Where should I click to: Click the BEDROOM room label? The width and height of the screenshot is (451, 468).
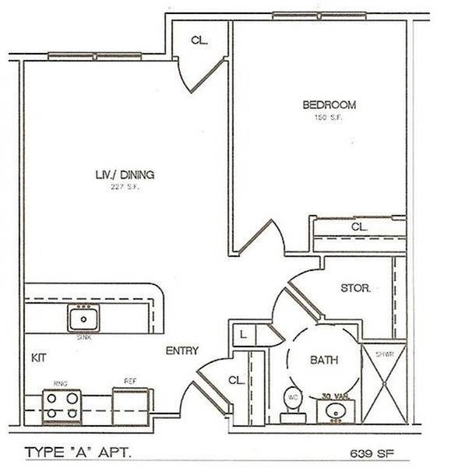pyautogui.click(x=329, y=105)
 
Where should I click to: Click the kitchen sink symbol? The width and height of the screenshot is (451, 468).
pyautogui.click(x=82, y=318)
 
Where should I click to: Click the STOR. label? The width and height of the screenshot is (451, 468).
pyautogui.click(x=355, y=288)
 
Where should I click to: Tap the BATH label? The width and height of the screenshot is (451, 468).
pyautogui.click(x=323, y=361)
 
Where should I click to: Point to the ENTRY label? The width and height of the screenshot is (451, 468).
pyautogui.click(x=181, y=350)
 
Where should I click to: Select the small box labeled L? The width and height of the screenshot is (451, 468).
pyautogui.click(x=244, y=335)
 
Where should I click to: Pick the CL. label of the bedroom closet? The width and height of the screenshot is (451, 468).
pyautogui.click(x=359, y=227)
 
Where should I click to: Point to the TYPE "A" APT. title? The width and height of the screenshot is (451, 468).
pyautogui.click(x=77, y=451)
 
